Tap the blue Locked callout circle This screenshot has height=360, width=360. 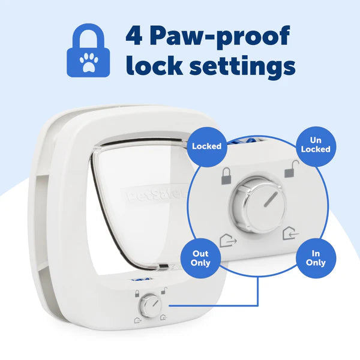coord(206,146)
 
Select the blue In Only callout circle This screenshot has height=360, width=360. coord(315,258)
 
